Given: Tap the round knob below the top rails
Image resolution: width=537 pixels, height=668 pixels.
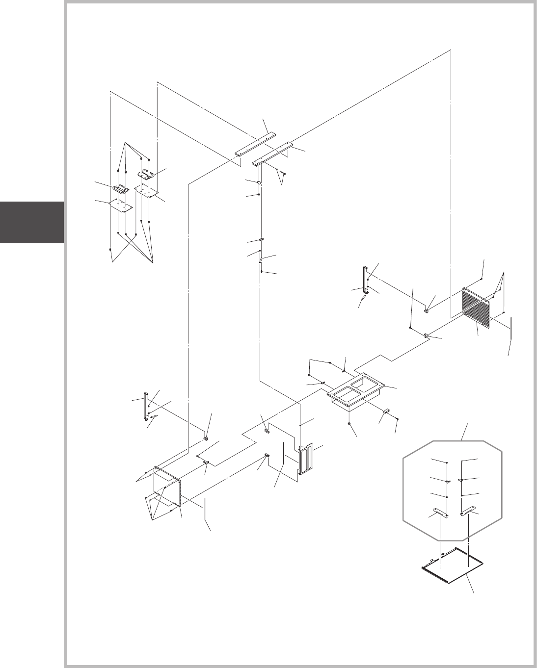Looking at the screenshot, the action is (x=259, y=182).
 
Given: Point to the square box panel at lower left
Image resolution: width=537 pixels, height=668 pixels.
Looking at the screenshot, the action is (x=167, y=486).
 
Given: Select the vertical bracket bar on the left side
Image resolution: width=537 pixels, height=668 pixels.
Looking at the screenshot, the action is (x=145, y=406).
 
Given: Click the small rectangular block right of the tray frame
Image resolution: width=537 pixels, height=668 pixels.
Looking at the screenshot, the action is (x=387, y=412).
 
